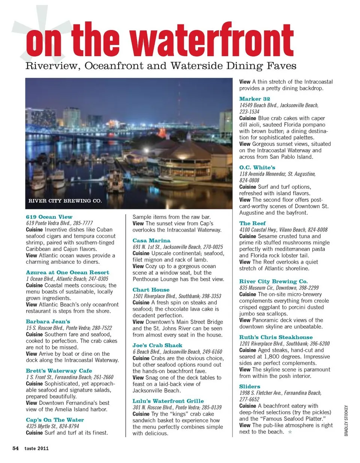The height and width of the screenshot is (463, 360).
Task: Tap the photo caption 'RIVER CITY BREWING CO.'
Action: coord(65,201)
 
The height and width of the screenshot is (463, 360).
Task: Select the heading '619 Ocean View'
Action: coord(49,217)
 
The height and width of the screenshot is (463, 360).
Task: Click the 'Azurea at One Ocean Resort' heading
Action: coord(67,272)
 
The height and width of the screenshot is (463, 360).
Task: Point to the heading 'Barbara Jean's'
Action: coord(48,322)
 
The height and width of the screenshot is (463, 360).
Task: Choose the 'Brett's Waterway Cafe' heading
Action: coord(59,371)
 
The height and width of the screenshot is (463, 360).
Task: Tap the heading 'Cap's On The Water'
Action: coord(55,420)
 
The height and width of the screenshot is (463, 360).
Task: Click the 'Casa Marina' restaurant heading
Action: coord(151,241)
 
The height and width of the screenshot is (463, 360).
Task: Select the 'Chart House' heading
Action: coord(151,290)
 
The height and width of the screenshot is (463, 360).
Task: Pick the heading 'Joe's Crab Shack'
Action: coord(157,345)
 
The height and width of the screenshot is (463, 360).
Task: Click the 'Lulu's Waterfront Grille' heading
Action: coord(168,401)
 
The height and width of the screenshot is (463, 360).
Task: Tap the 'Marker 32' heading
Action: coord(255,99)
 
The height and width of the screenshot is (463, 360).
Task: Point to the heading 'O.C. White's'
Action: coord(257,167)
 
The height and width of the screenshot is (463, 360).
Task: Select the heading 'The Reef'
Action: coord(252,223)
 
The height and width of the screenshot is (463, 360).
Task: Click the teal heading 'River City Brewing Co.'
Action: coord(273,281)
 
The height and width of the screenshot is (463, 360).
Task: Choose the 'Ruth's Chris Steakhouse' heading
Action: coord(276,337)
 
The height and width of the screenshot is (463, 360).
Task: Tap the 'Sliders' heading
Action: coord(250,386)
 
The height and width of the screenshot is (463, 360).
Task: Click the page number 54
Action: coord(15,448)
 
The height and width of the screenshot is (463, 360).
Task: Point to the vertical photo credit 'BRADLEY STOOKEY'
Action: coord(346,420)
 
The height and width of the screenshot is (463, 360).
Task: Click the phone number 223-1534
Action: coord(249,112)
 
